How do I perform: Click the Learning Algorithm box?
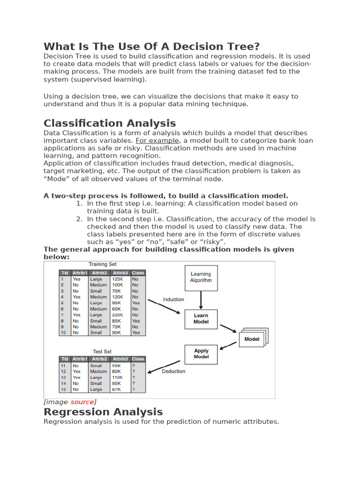pos(201,277)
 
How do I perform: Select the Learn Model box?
pos(201,319)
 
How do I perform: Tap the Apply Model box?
pos(201,354)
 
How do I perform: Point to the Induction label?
pos(173,299)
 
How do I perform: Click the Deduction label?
pos(173,371)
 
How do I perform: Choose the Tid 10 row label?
pos(63,333)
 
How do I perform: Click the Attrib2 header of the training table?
pos(99,273)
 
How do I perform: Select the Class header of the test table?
pos(138,359)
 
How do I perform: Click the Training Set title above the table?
pos(103,264)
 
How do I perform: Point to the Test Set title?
pos(102,351)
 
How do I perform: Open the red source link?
pos(82,402)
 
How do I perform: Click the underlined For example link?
pos(157,141)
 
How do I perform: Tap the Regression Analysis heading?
pos(103,412)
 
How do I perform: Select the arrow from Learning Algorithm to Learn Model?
pos(201,300)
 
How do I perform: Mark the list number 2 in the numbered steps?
pos(79,219)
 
